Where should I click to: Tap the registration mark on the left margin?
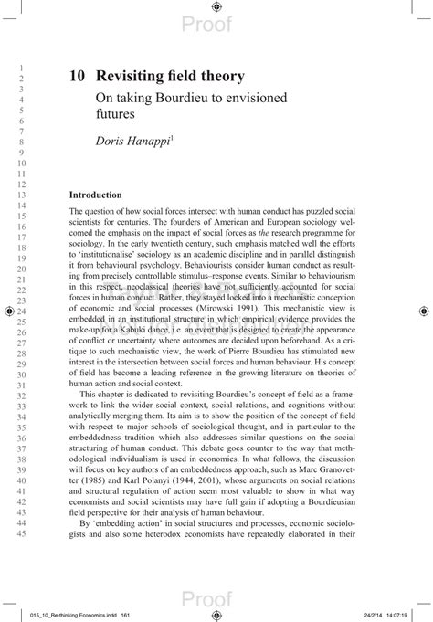[8, 311]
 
